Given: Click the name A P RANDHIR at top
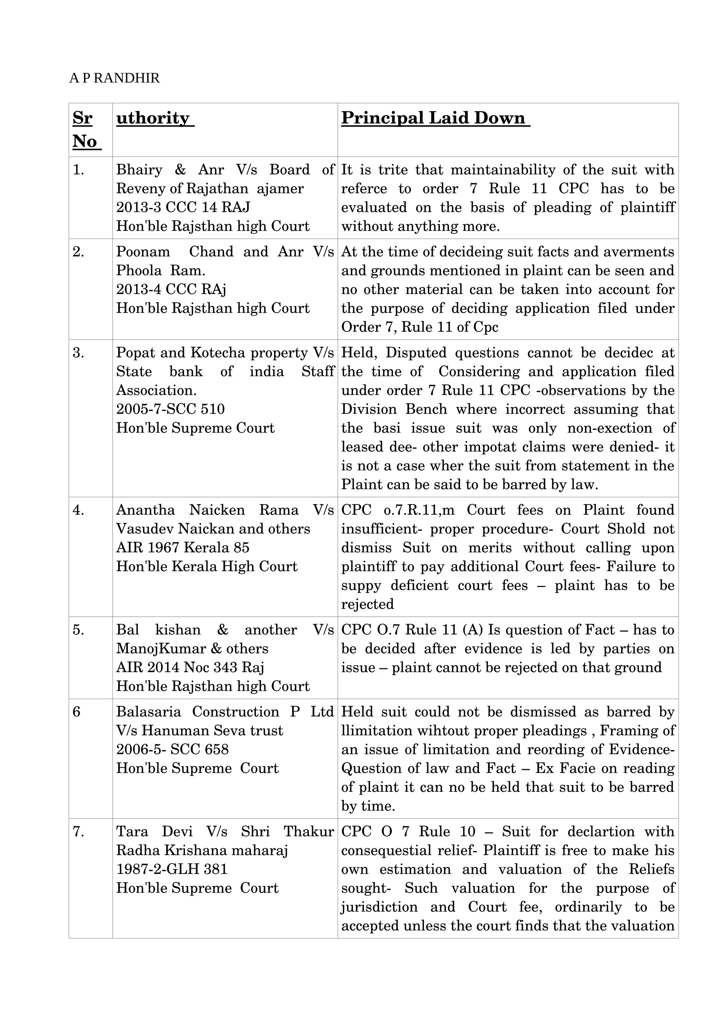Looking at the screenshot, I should tap(114, 78).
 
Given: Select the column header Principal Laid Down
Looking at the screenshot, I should tap(435, 119).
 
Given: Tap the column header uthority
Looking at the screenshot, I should tap(154, 119).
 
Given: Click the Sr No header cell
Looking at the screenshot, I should tap(86, 130).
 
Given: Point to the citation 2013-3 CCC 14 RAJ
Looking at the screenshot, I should tap(183, 207).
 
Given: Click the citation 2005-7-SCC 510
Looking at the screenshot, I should tap(170, 409).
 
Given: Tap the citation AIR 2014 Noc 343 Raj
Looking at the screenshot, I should tap(190, 668).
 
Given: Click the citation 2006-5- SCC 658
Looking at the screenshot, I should tap(172, 749).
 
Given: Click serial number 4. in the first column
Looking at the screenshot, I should tap(78, 510).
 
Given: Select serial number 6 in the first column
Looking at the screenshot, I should tap(77, 712).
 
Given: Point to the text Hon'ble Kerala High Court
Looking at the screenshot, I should tap(207, 566).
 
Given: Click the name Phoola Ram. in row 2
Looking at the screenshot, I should tap(160, 270).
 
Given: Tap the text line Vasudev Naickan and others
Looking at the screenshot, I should tap(213, 529).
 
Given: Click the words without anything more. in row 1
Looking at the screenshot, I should tap(420, 226).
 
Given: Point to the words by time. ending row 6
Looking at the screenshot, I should tap(368, 806).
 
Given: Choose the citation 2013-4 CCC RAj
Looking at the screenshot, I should tap(171, 289).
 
